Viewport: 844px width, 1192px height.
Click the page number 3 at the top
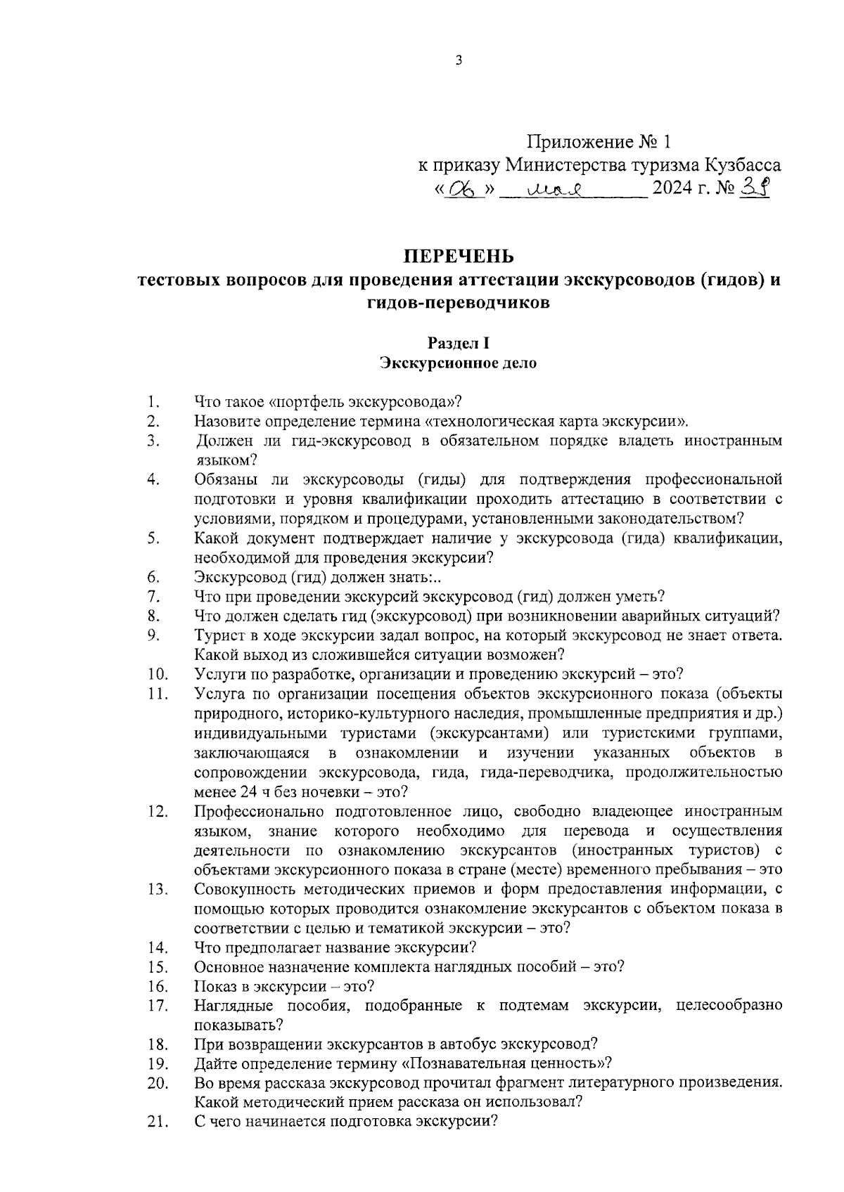[x=459, y=60]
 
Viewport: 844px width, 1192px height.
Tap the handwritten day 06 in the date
[x=463, y=190]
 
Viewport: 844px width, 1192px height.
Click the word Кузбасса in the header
[x=743, y=166]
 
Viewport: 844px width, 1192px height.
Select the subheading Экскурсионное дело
[x=458, y=363]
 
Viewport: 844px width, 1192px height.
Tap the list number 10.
[x=158, y=675]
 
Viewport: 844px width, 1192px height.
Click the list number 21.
[x=158, y=1122]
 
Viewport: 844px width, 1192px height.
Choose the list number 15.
[x=158, y=966]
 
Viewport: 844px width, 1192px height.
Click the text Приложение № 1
[x=599, y=143]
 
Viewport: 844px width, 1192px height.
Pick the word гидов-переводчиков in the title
[x=458, y=304]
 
